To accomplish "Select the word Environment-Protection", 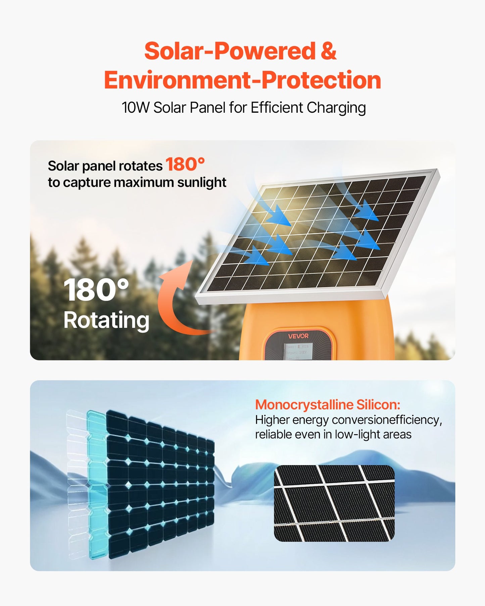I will tap(242, 81).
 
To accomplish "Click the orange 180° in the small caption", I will tap(185, 164).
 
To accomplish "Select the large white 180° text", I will tap(96, 290).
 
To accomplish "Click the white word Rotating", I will tap(106, 320).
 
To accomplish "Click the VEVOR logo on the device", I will tap(298, 336).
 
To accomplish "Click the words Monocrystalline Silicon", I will tap(328, 405).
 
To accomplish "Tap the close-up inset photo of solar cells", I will tap(334, 503).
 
